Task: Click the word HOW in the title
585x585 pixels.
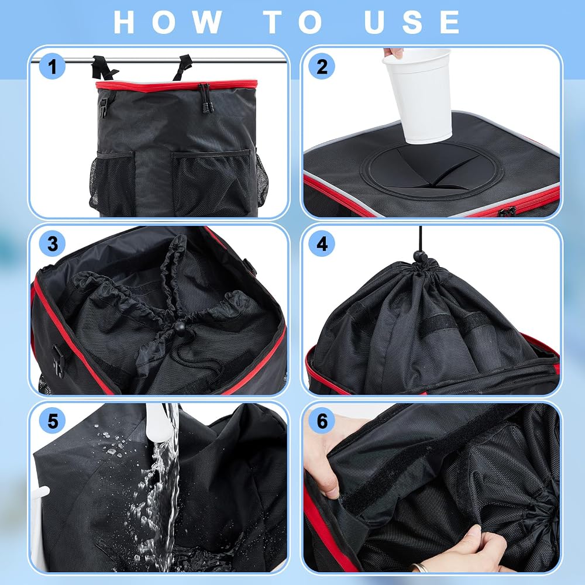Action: (x=167, y=22)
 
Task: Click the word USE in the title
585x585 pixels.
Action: (x=412, y=22)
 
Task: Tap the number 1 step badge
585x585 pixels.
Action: (x=52, y=67)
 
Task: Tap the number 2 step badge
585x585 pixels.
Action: (x=322, y=67)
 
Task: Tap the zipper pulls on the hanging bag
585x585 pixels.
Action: (x=205, y=98)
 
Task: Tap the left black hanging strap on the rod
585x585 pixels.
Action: (x=104, y=68)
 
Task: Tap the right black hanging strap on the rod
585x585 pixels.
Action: (x=183, y=67)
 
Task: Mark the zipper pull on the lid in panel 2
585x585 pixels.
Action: (x=507, y=212)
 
